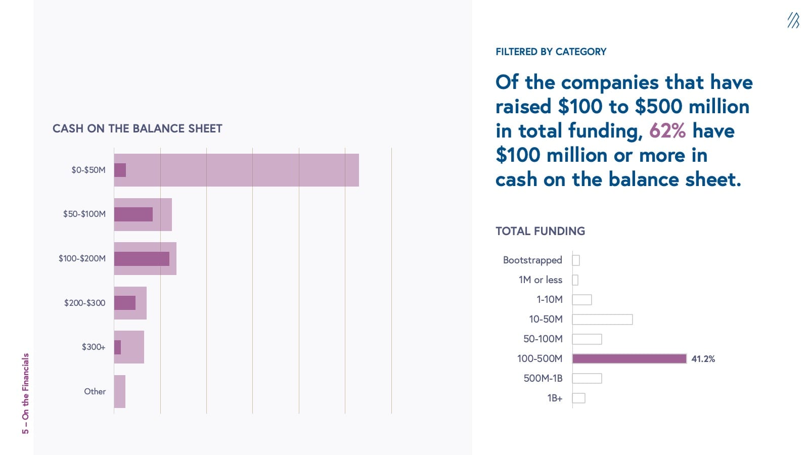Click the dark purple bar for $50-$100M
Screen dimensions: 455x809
(x=133, y=214)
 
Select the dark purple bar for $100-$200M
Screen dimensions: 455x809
(x=142, y=259)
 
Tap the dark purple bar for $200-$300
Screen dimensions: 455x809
(x=125, y=303)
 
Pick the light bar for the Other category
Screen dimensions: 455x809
(x=120, y=391)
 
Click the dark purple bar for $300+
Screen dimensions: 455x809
(x=117, y=347)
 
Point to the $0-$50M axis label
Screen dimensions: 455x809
(x=88, y=170)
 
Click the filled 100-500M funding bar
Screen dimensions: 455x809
(x=629, y=358)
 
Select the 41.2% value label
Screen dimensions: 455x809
(x=703, y=359)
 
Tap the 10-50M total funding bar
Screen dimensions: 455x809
(x=602, y=319)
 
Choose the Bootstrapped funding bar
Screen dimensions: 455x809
(x=576, y=260)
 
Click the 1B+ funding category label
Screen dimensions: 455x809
(x=555, y=398)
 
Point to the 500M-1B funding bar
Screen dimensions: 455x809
(x=587, y=378)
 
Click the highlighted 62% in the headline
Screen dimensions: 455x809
(x=667, y=131)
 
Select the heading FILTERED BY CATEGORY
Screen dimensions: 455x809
(x=551, y=52)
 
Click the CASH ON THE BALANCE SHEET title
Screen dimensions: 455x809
(x=138, y=128)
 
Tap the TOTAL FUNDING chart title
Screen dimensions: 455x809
(x=540, y=231)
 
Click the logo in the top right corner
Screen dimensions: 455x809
(x=793, y=20)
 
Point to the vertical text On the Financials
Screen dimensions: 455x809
(x=25, y=393)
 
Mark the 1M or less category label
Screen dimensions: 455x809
(x=540, y=280)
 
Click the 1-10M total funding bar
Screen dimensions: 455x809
(x=581, y=299)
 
